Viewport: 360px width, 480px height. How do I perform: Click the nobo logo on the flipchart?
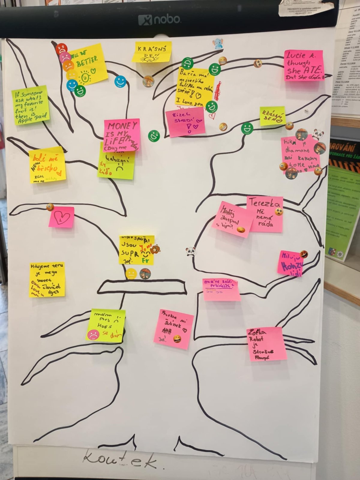(x=159, y=20)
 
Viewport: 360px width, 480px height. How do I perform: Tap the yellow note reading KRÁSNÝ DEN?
(x=152, y=52)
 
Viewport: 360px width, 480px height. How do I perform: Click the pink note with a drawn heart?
(x=61, y=217)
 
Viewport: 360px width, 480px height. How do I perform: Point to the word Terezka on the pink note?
(x=264, y=203)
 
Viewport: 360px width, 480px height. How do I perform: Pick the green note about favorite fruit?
(x=31, y=105)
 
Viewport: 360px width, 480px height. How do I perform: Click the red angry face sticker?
(x=61, y=49)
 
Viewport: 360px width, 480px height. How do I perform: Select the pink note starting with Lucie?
(x=304, y=65)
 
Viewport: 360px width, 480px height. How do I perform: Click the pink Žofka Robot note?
(x=266, y=344)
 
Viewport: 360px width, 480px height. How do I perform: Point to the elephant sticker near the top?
(x=217, y=44)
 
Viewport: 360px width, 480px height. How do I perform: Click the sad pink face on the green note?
(x=93, y=334)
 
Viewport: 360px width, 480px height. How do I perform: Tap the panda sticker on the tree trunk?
(x=190, y=251)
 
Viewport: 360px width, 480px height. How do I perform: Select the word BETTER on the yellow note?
(x=87, y=62)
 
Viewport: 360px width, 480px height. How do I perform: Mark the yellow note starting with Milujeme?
(x=47, y=280)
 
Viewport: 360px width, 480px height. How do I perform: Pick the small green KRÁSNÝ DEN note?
(x=272, y=116)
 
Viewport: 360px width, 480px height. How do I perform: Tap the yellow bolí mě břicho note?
(x=47, y=165)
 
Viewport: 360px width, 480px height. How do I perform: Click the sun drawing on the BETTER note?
(x=85, y=77)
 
